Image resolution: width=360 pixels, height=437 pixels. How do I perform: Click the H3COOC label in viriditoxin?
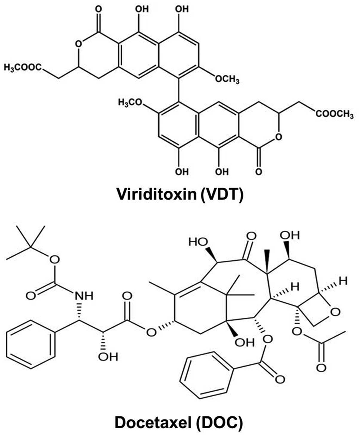point(23,67)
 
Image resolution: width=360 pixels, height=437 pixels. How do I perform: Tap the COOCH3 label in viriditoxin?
point(335,114)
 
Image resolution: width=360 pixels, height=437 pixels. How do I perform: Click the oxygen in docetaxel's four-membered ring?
point(335,312)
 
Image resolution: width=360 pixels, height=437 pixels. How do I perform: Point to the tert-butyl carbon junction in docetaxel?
point(30,247)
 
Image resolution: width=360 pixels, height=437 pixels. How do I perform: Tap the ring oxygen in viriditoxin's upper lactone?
point(78,44)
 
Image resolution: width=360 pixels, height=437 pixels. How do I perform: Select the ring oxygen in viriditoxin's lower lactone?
point(278,137)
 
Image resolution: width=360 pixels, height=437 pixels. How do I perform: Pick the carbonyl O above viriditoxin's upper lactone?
point(99,9)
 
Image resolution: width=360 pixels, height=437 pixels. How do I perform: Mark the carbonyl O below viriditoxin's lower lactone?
point(259,172)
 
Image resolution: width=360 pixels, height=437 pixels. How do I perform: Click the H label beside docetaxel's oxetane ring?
point(344,281)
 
